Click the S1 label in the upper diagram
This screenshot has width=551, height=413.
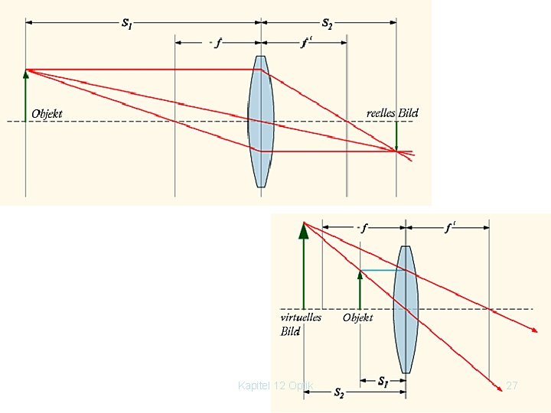point(126,23)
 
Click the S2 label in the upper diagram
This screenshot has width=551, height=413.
point(327,23)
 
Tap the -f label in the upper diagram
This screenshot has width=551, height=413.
point(216,43)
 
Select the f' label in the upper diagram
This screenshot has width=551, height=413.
point(306,43)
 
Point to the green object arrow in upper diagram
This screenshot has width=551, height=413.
point(26,95)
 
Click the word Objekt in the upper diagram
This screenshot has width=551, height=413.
point(47,115)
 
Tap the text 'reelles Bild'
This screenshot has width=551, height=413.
point(393,113)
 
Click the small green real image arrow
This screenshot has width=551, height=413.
point(396,136)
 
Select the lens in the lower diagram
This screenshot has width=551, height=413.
point(405,309)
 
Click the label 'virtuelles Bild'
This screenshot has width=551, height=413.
point(300,324)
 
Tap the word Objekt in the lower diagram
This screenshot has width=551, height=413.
point(358,317)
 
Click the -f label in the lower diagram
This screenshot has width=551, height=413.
point(362,227)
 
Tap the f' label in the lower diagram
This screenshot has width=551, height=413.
point(451,227)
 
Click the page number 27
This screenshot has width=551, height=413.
point(512,386)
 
